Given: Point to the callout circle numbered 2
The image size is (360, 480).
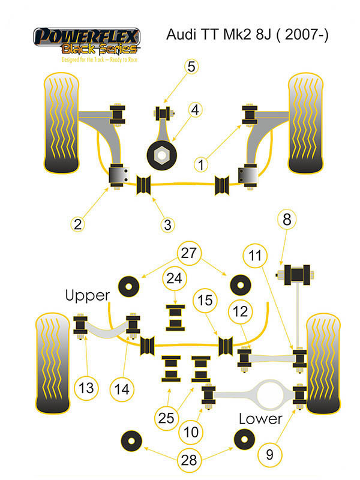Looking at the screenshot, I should click(77, 224).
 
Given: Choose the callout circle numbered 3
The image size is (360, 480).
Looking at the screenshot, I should click(167, 225).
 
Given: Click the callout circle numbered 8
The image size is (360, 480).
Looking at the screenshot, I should click(287, 220).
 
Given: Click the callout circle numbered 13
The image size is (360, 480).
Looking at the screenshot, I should click(86, 388).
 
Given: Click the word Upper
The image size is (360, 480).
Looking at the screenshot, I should click(88, 295).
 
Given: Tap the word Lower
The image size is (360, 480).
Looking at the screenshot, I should click(260, 418).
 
